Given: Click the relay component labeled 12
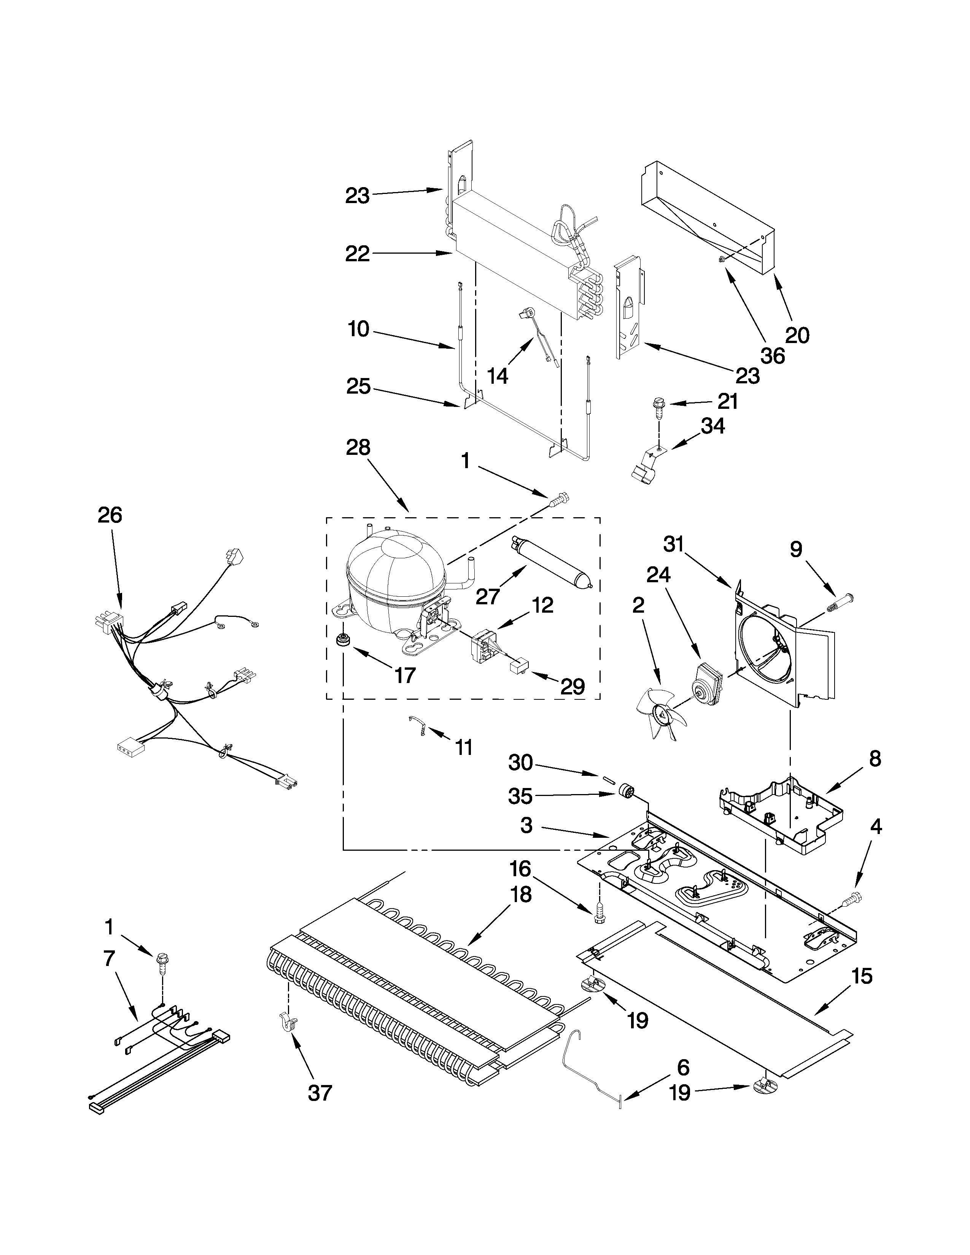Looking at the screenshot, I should coord(483,643).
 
